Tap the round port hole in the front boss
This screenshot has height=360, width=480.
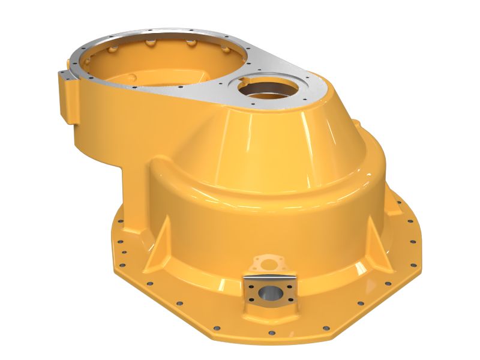pyautogui.click(x=268, y=294)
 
